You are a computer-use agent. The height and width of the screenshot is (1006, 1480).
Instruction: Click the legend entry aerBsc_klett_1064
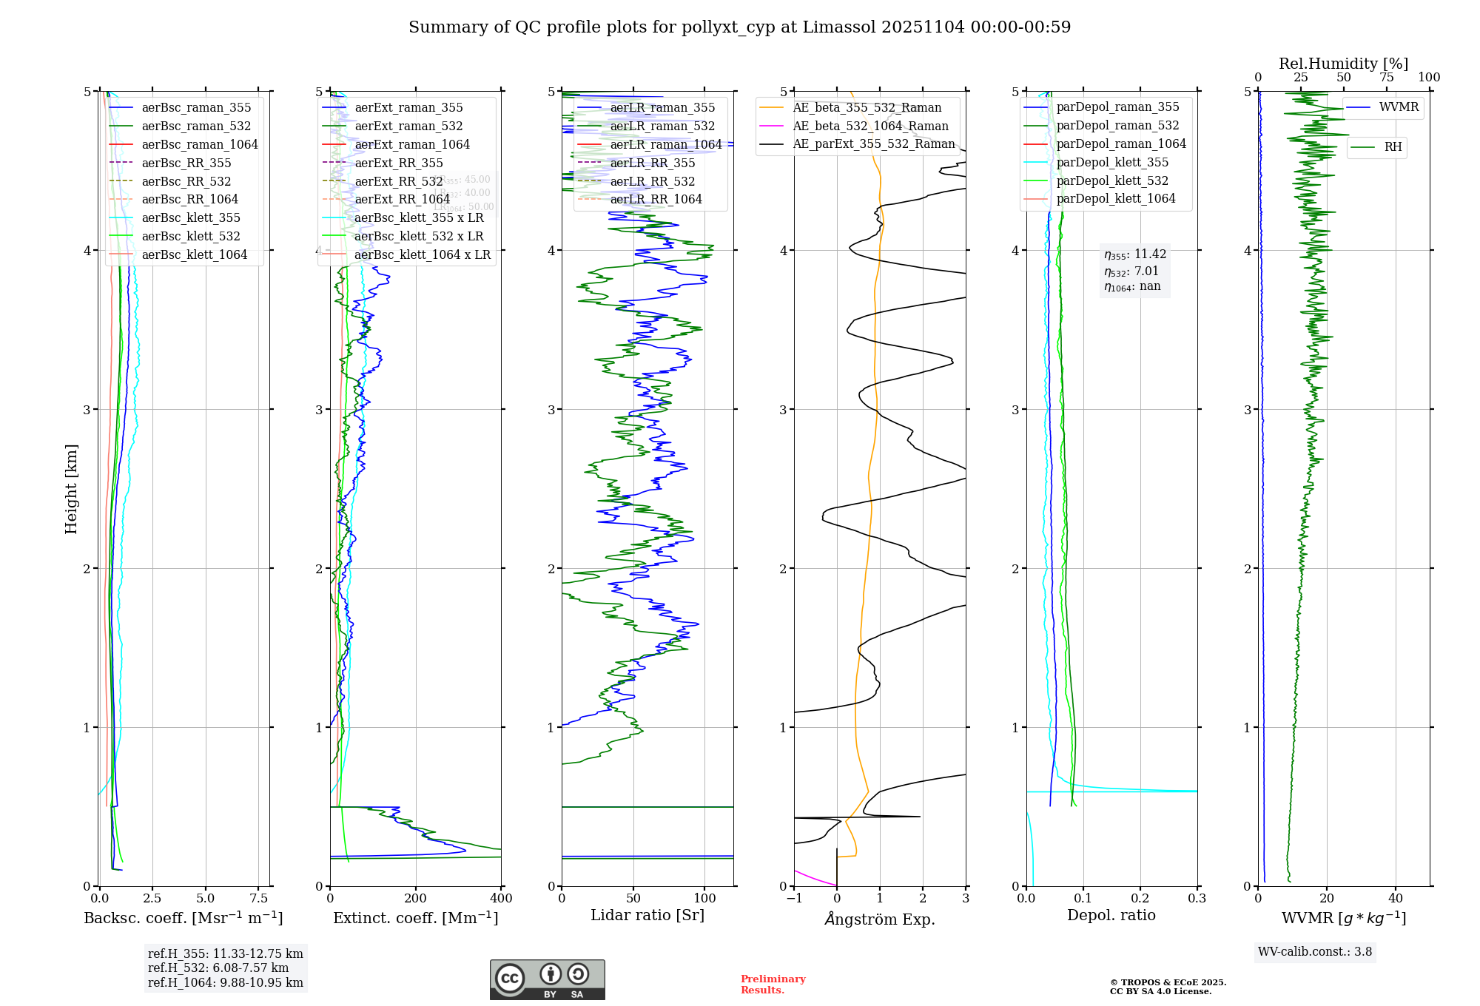coord(194,254)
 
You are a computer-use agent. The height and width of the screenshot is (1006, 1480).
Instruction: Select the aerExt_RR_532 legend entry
coord(398,181)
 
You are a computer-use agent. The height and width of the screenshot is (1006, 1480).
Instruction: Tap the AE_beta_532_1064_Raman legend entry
coord(870,126)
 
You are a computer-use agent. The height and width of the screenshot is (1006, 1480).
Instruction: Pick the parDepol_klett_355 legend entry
coord(1112,162)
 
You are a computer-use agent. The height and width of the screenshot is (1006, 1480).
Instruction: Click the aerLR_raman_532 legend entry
coord(662,126)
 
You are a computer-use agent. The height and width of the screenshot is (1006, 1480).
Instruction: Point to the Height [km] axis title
coord(71,488)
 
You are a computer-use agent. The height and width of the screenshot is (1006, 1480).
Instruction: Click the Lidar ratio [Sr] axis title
coord(647,915)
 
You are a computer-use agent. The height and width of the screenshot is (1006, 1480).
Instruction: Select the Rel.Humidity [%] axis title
coord(1343,64)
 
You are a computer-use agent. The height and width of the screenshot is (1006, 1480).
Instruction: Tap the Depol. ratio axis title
coord(1111,915)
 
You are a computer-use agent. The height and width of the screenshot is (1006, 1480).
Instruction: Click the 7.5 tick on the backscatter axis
coord(258,899)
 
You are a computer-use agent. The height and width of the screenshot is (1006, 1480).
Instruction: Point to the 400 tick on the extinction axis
coord(501,899)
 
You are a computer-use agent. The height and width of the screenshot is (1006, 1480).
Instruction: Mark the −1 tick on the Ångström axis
coord(794,899)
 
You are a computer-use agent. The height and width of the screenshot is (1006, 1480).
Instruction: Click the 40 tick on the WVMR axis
coord(1395,899)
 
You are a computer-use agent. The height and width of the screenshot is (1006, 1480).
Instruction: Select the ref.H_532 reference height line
coord(218,968)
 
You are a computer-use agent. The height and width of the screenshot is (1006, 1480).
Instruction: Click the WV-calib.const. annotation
coord(1315,952)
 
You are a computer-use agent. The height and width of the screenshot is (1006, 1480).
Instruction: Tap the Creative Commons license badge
coord(547,980)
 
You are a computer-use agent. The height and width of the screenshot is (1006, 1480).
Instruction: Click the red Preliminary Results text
coord(773,985)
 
